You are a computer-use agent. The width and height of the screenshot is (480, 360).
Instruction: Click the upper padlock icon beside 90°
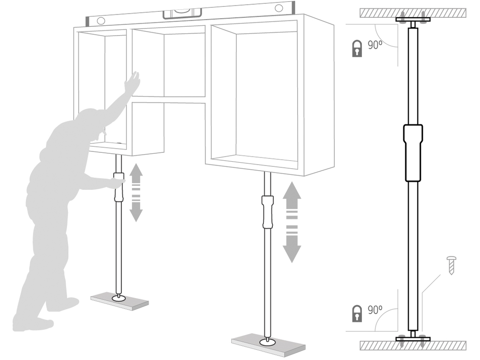coord(357,48)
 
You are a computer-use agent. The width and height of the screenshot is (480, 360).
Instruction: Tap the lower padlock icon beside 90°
coord(357,313)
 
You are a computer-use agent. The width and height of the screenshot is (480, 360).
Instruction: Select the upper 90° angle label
coord(375,45)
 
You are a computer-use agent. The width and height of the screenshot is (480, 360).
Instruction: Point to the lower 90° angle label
coord(375,310)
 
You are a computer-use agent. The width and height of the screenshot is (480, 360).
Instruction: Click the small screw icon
coord(451,265)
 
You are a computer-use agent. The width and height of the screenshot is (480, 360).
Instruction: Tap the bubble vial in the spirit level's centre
coord(182,14)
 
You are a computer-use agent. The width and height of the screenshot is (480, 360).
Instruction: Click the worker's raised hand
coord(134,80)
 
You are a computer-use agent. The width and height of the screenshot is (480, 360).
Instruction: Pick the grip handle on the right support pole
coord(268,212)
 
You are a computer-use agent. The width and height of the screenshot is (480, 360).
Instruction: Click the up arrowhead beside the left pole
coord(136,170)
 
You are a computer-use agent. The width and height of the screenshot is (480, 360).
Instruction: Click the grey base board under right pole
coord(269,344)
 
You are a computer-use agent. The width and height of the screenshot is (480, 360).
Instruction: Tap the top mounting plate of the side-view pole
coord(413,20)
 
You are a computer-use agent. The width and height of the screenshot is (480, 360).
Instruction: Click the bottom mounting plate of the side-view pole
coord(413,339)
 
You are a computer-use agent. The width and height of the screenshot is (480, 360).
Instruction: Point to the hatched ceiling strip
coord(413,13)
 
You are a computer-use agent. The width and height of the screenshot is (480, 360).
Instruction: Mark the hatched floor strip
coord(413,345)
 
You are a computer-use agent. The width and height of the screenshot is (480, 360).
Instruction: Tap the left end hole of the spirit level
coord(101,21)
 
